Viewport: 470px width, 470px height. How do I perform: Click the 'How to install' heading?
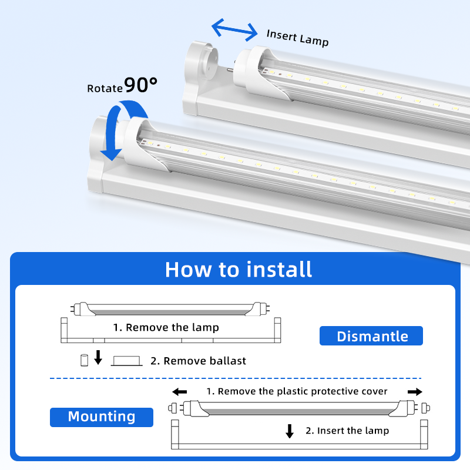[239, 270]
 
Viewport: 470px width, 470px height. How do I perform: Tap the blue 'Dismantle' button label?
[372, 336]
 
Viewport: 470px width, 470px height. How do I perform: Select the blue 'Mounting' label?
[102, 417]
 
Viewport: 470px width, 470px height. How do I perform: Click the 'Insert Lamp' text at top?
[297, 37]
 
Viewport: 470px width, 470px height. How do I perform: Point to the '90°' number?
[141, 85]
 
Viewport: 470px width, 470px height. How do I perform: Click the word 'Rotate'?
[105, 88]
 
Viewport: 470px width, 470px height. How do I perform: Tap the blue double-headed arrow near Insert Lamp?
[234, 28]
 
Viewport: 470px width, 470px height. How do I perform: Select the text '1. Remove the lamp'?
[166, 327]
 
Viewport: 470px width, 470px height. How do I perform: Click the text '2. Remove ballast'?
[199, 361]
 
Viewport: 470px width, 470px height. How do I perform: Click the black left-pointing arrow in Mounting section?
[179, 392]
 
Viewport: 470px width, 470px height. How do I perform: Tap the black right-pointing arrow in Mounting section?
[415, 392]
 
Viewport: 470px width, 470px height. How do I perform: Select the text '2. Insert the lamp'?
[347, 431]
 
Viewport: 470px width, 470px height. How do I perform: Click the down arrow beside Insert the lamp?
[289, 431]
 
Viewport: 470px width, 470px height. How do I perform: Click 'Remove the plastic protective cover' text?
[297, 391]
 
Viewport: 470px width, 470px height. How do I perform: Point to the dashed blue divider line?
[235, 378]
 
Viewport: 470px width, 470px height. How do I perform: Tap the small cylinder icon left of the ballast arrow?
[83, 359]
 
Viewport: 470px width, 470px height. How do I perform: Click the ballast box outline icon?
[127, 360]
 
